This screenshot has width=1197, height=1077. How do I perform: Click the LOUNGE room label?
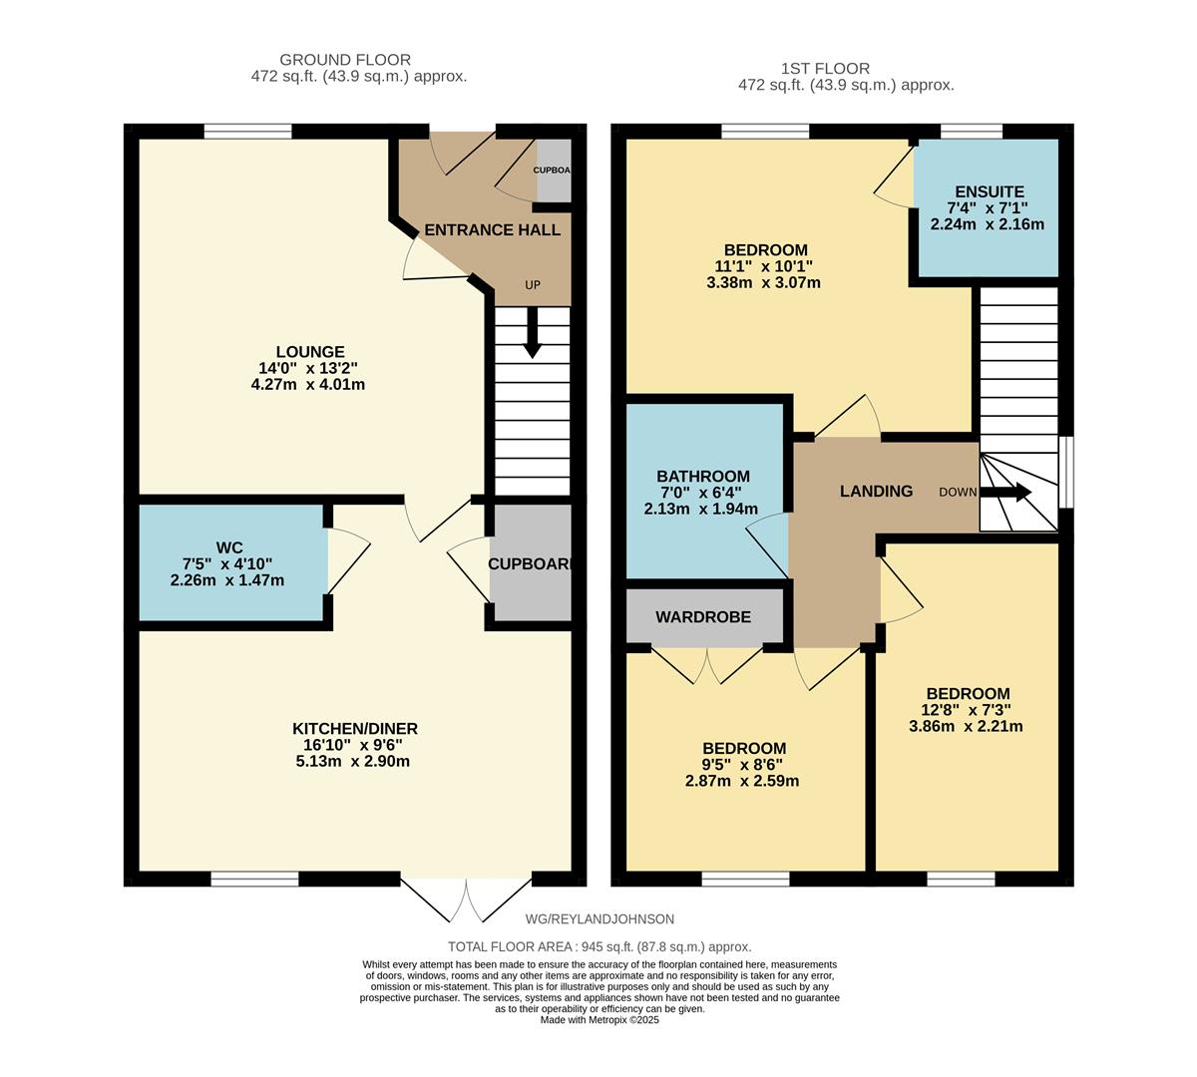(309, 352)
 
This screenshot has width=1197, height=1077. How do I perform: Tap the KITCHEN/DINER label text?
(355, 728)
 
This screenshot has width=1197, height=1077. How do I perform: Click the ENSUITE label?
(989, 191)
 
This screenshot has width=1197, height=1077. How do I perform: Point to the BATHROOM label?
(702, 477)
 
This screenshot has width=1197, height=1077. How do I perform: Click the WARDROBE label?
(702, 617)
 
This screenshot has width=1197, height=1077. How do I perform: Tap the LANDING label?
(876, 491)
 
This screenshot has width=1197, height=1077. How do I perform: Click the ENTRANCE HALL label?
(492, 230)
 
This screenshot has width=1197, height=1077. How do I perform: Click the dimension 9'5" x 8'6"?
(742, 765)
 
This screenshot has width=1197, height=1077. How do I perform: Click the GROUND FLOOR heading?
(344, 60)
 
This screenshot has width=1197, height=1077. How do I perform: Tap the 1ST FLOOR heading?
(826, 69)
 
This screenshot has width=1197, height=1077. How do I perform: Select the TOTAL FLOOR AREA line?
(598, 946)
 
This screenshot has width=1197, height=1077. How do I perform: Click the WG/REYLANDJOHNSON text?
(599, 919)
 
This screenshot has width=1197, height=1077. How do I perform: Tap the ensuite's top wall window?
(972, 131)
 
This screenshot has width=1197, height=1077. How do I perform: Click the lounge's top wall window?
(247, 131)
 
